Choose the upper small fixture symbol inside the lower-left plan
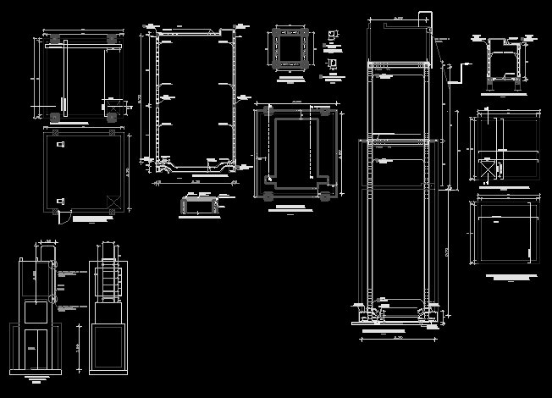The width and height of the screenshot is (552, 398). (x=60, y=146)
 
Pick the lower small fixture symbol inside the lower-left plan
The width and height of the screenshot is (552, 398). (x=60, y=200)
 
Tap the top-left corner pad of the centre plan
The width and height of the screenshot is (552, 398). (x=268, y=110)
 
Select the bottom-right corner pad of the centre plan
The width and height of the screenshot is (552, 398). (x=325, y=196)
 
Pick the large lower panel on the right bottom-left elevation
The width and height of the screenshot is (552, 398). (x=108, y=347)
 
